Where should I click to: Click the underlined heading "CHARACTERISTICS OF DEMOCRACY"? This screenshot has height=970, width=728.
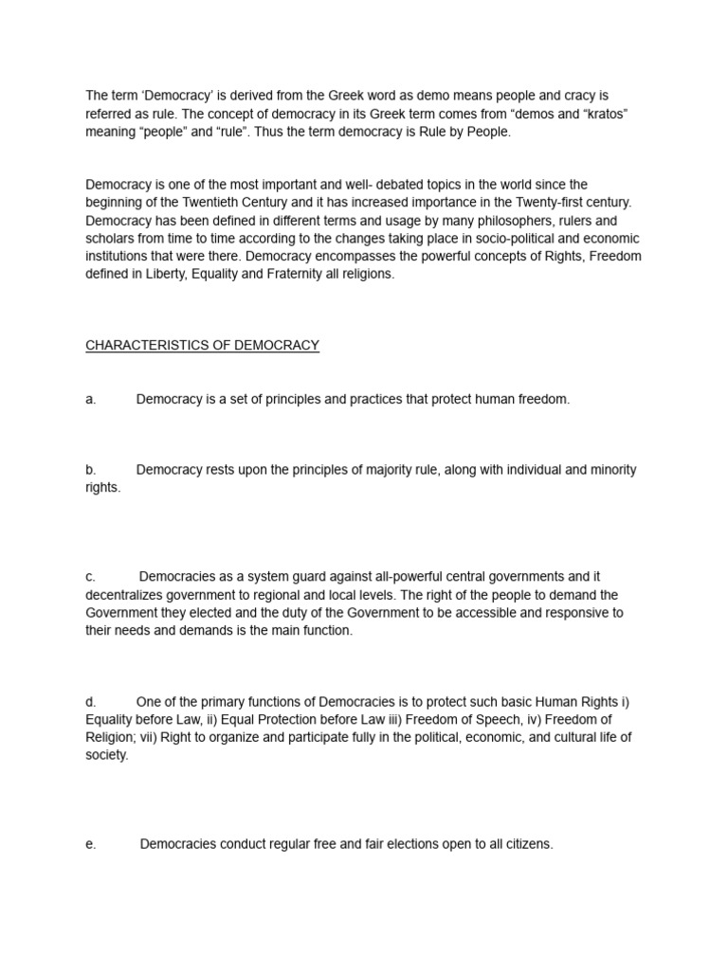point(203,346)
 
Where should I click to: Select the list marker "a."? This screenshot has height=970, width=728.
point(91,400)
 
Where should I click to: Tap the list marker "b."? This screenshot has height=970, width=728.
point(91,470)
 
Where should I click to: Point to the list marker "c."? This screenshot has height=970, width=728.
point(91,576)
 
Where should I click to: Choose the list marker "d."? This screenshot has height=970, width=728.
point(91,702)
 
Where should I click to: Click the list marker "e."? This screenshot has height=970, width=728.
point(91,844)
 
